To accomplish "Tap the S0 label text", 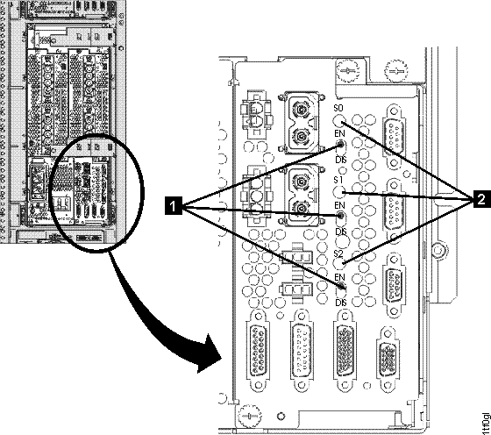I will (338, 107).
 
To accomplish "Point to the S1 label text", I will (338, 180).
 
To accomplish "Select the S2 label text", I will (338, 253).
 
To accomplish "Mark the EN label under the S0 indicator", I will (338, 132).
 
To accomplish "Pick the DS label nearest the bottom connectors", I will (341, 303).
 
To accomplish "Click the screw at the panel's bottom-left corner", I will (251, 412).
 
